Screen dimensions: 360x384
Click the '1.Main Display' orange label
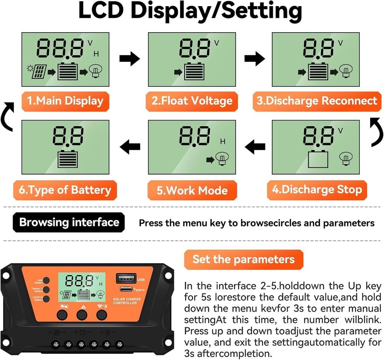pyautogui.click(x=65, y=101)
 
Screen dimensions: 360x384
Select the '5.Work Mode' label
pyautogui.click(x=192, y=191)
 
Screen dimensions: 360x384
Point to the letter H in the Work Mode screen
pyautogui.click(x=223, y=142)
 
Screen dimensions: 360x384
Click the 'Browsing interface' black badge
pyautogui.click(x=69, y=223)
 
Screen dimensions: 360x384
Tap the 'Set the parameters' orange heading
pyautogui.click(x=243, y=259)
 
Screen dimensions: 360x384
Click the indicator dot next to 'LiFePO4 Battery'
pyautogui.click(x=46, y=299)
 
